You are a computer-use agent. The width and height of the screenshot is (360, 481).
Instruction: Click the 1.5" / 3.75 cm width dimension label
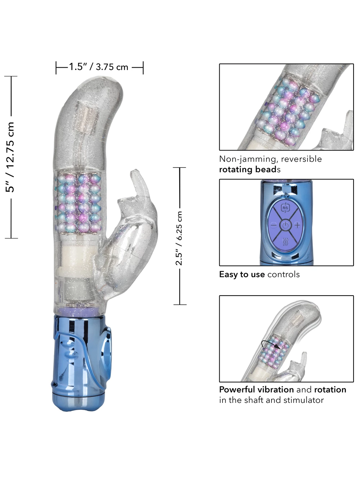(99, 67)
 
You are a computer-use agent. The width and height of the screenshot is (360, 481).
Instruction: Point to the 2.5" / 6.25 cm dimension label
(179, 238)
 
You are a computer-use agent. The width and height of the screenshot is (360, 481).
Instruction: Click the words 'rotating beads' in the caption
(249, 170)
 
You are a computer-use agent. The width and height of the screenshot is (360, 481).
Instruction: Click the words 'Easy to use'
(242, 274)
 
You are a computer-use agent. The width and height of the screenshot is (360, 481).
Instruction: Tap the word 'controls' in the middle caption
(283, 274)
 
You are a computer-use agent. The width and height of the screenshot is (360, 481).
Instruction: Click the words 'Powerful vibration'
(256, 390)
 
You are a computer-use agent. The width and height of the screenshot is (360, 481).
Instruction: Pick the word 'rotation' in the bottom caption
(330, 390)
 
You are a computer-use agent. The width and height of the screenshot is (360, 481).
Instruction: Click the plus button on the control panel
(297, 225)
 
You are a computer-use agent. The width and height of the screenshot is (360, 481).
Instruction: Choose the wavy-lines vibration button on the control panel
(285, 242)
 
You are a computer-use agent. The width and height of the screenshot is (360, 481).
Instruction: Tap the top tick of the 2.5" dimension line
(179, 168)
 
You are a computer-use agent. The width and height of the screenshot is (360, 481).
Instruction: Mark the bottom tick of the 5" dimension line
(11, 238)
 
